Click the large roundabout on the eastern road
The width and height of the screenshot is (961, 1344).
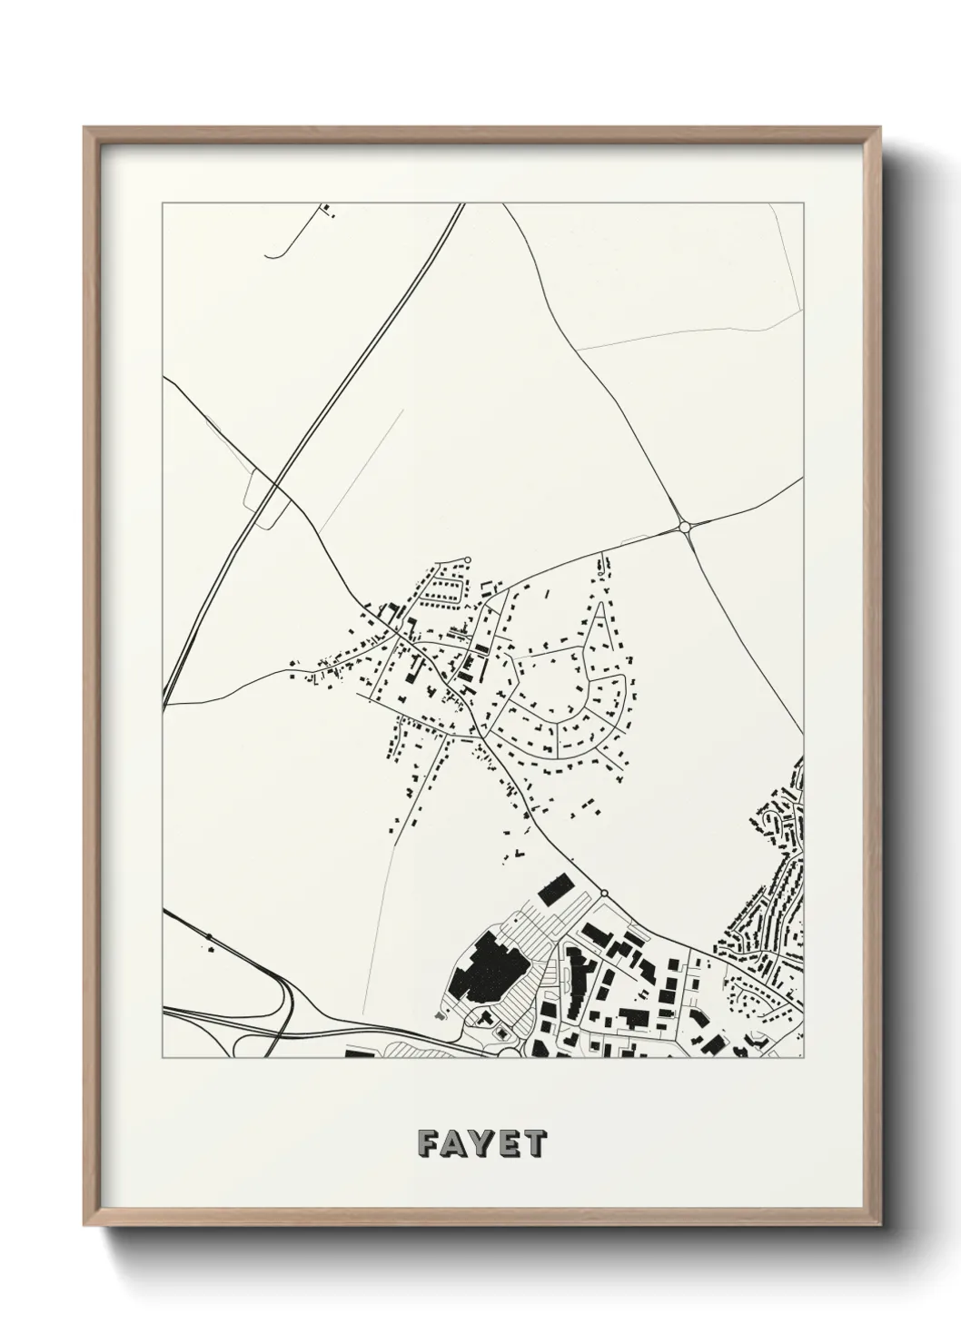tap(684, 527)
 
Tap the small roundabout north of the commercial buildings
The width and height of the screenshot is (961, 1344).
tap(603, 894)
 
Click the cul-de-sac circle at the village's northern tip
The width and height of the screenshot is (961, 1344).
tap(468, 559)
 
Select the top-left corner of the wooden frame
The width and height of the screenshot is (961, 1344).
tap(84, 128)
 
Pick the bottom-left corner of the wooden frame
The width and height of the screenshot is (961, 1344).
tap(84, 1227)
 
